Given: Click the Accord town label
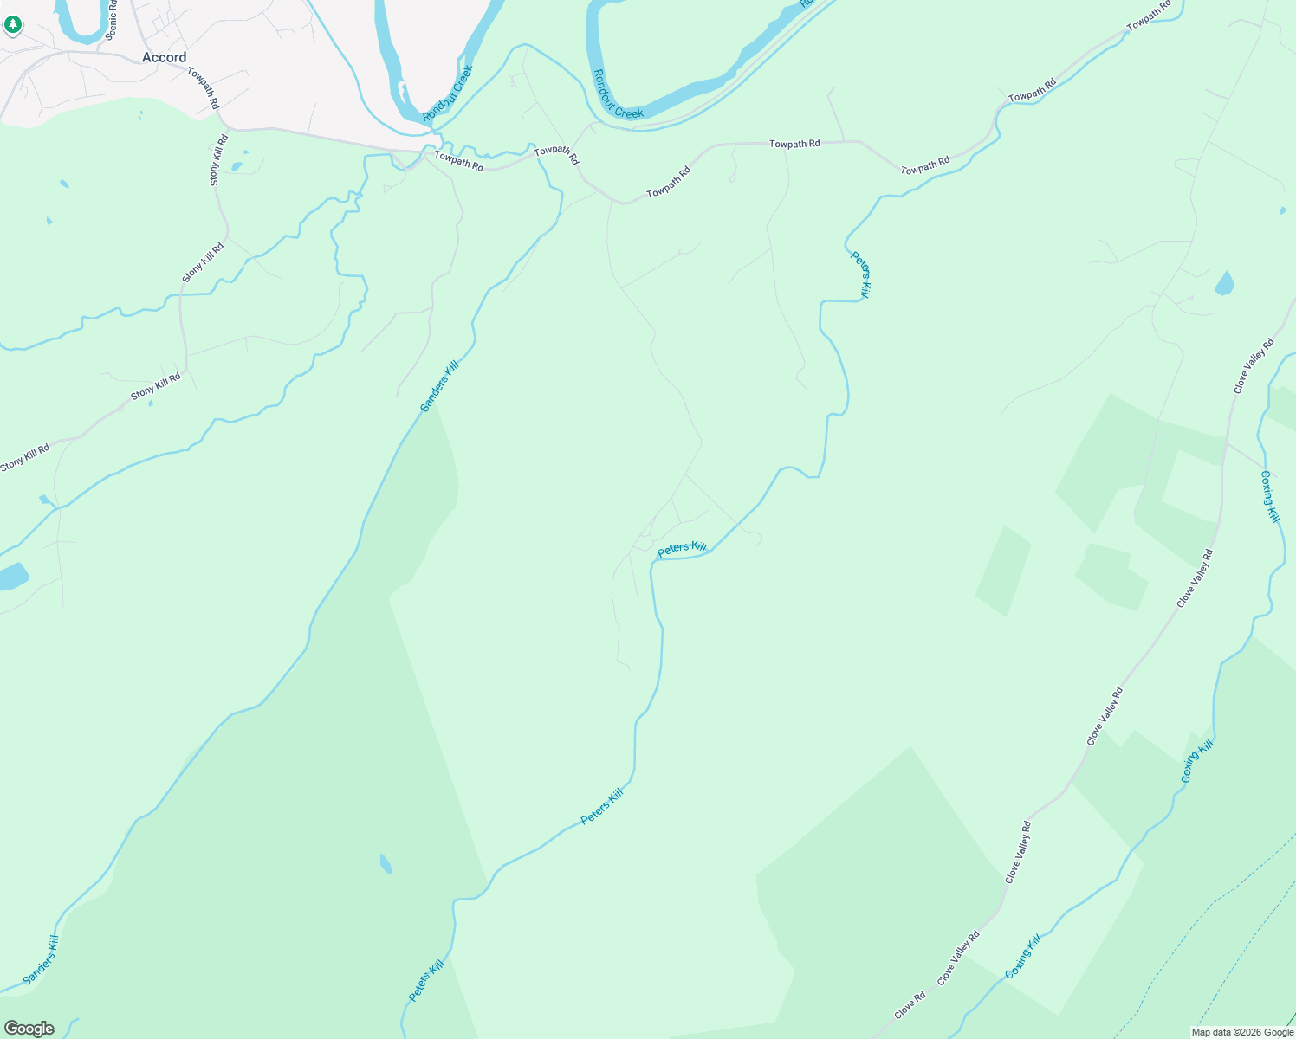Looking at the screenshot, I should tap(164, 57).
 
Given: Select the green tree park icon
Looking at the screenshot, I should tap(12, 24).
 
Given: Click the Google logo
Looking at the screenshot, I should tap(29, 1029).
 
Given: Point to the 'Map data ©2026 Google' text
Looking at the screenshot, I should tap(1241, 1032).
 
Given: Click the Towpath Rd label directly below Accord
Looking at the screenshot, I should tap(204, 87).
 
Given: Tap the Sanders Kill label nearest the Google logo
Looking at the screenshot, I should tap(41, 960).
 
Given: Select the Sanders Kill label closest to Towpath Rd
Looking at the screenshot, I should tap(438, 386).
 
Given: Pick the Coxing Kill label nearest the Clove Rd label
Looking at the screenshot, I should tap(1023, 957).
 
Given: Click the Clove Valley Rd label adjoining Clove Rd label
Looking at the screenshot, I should tap(959, 958).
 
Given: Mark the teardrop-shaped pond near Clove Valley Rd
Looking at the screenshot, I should tap(1224, 283).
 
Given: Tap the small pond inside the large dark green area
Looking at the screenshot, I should tap(386, 863).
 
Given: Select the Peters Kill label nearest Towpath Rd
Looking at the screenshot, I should tap(860, 275).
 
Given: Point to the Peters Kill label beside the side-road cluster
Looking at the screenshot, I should tap(682, 548).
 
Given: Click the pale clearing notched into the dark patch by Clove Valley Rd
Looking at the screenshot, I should tap(1190, 498).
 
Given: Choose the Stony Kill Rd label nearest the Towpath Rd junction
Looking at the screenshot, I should tap(219, 159).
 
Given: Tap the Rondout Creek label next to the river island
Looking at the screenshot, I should tap(448, 93).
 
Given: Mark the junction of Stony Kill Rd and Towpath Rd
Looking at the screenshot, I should tap(224, 128).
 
